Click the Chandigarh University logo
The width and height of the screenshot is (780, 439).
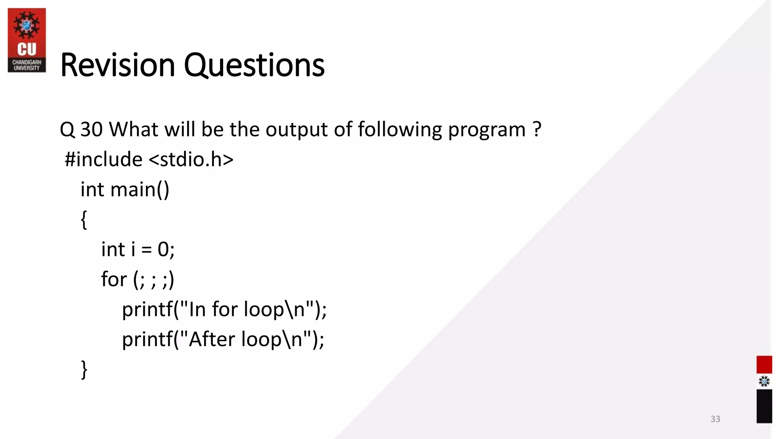pyautogui.click(x=27, y=40)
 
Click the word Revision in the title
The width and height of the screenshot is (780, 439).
pyautogui.click(x=117, y=65)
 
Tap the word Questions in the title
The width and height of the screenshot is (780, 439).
pyautogui.click(x=254, y=65)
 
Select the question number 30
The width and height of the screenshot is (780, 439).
pyautogui.click(x=91, y=130)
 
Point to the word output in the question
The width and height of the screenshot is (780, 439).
pyautogui.click(x=296, y=130)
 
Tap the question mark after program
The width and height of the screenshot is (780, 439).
pyautogui.click(x=537, y=130)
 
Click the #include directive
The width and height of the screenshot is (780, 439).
pyautogui.click(x=103, y=159)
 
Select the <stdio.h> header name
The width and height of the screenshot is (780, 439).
pyautogui.click(x=191, y=159)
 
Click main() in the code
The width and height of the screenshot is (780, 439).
pyautogui.click(x=139, y=189)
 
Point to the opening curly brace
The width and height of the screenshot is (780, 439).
pyautogui.click(x=84, y=219)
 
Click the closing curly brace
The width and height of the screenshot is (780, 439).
pyautogui.click(x=84, y=369)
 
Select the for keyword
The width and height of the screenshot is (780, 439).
pyautogui.click(x=113, y=279)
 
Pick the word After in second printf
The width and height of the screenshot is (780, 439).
pyautogui.click(x=211, y=339)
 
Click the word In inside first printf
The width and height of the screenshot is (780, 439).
pyautogui.click(x=197, y=309)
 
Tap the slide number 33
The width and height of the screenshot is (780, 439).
pyautogui.click(x=715, y=419)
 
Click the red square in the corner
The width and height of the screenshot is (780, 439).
pyautogui.click(x=764, y=364)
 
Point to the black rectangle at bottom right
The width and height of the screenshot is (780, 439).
pyautogui.click(x=764, y=406)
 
